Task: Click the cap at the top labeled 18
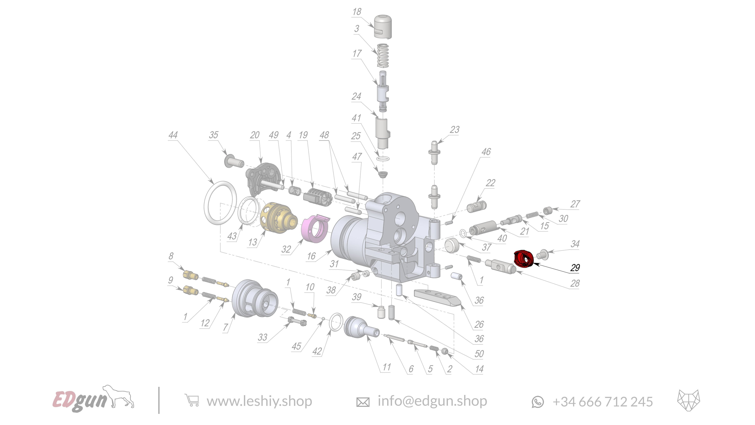pos(383,26)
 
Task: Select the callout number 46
pos(486,152)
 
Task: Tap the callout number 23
pos(455,129)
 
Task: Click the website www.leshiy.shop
pos(259,401)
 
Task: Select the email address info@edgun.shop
pos(432,401)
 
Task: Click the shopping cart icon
pos(192,401)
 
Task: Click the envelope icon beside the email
pos(363,402)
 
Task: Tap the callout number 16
pos(311,256)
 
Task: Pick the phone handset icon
pos(538,402)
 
